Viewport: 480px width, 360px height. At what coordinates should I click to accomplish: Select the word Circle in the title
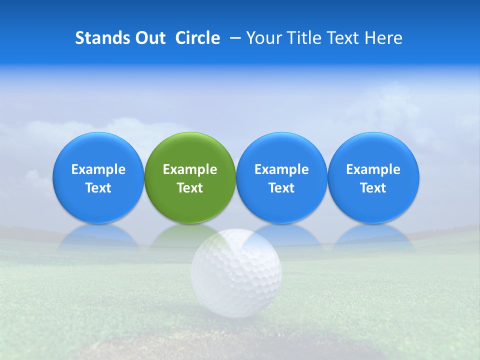(197, 38)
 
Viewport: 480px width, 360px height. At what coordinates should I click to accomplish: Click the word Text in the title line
(344, 38)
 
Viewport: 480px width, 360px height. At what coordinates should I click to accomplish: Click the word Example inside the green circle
(190, 169)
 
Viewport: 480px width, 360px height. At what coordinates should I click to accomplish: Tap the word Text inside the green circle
(190, 188)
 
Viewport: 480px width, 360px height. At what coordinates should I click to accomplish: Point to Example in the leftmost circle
(98, 169)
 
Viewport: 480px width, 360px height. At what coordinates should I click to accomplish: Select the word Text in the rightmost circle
(373, 188)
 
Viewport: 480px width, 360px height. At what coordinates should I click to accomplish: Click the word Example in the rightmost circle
(373, 169)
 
